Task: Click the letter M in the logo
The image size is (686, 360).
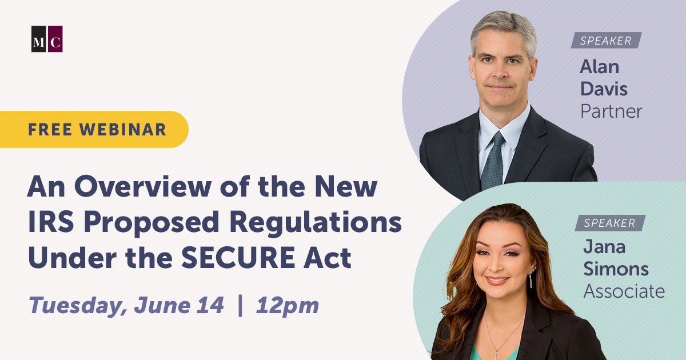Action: coord(39,42)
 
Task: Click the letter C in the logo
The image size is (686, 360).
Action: coord(55,42)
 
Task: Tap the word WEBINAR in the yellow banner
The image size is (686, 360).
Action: coord(123,130)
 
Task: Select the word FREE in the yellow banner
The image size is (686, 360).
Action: coord(50,130)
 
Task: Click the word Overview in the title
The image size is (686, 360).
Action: coord(143,186)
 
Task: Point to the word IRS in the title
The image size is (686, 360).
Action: coord(51,222)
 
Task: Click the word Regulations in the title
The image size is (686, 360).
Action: coord(316,223)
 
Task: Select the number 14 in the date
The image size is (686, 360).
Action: coord(210,305)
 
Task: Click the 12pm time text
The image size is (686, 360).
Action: coord(287,306)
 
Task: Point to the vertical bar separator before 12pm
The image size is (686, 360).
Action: coord(241,305)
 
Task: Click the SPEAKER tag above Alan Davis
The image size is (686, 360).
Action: coord(606,41)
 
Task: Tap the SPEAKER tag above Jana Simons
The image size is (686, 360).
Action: coord(610,223)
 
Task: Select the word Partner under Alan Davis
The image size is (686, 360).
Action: coord(611,111)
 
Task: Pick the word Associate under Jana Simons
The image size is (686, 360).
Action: coord(624,291)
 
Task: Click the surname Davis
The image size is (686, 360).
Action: coord(604,89)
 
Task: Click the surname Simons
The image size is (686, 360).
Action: coord(616,269)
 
